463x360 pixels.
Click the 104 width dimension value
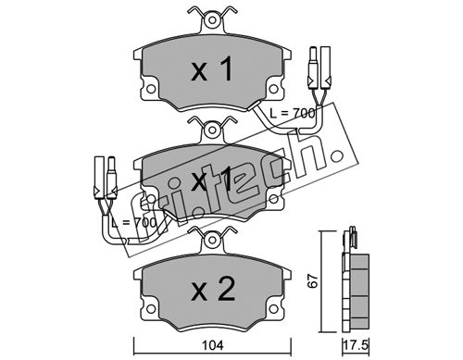coord(213,345)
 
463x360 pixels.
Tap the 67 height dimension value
coord(313,280)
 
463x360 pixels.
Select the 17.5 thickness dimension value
coord(356,345)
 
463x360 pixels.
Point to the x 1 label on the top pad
coord(212,69)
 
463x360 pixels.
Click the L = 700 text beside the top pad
coord(292,114)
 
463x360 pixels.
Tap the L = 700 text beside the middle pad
coord(133,223)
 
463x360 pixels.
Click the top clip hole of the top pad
coord(212,20)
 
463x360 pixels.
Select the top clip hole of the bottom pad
coord(212,240)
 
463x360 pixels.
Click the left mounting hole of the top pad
coord(150,89)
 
